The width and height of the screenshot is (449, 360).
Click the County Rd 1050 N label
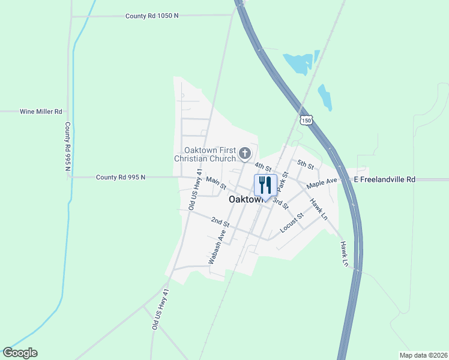pos(152,16)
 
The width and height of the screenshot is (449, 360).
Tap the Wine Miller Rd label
pos(41,112)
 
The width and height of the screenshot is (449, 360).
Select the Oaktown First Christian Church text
pos(203,154)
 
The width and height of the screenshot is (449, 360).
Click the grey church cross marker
pos(244,154)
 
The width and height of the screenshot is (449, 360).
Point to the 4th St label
pos(263,166)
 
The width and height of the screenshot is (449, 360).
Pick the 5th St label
pos(306,164)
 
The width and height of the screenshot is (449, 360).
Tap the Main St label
pos(215,182)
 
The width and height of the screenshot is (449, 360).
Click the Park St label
pos(282,181)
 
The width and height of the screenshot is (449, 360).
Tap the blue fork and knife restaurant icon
pos(265,184)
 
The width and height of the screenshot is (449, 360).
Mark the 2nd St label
pos(221,222)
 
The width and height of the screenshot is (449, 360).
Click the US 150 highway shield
pos(306,121)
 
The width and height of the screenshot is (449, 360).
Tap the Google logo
pos(20,353)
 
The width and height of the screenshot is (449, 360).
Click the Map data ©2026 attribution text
pos(423,355)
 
